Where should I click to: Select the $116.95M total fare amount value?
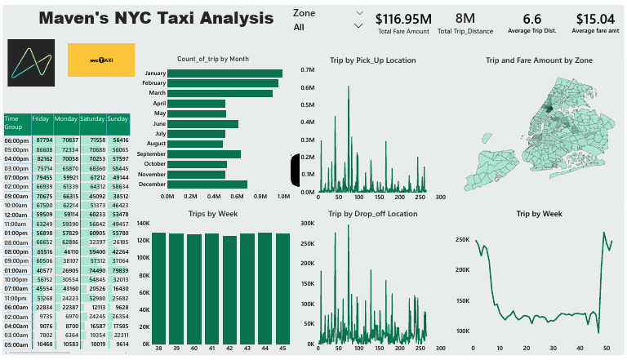(403, 18)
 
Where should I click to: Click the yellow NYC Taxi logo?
(101, 61)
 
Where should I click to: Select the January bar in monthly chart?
(225, 73)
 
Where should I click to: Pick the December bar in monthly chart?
(207, 184)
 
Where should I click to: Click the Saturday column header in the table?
(92, 118)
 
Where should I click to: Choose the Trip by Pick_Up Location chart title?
(371, 60)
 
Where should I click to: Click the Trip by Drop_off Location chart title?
(372, 213)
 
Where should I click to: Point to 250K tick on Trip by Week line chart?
(461, 241)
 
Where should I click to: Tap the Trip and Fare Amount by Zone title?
(539, 60)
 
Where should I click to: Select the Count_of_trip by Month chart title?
(213, 59)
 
